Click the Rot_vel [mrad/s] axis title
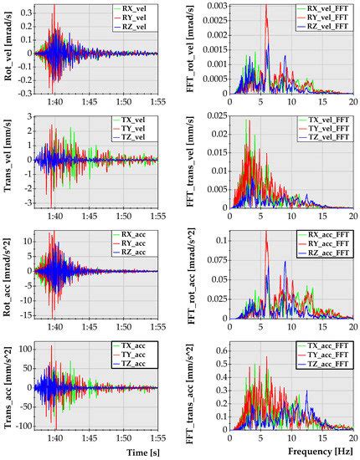8,50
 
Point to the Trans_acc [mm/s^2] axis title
8,387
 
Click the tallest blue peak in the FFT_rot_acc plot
284,262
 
